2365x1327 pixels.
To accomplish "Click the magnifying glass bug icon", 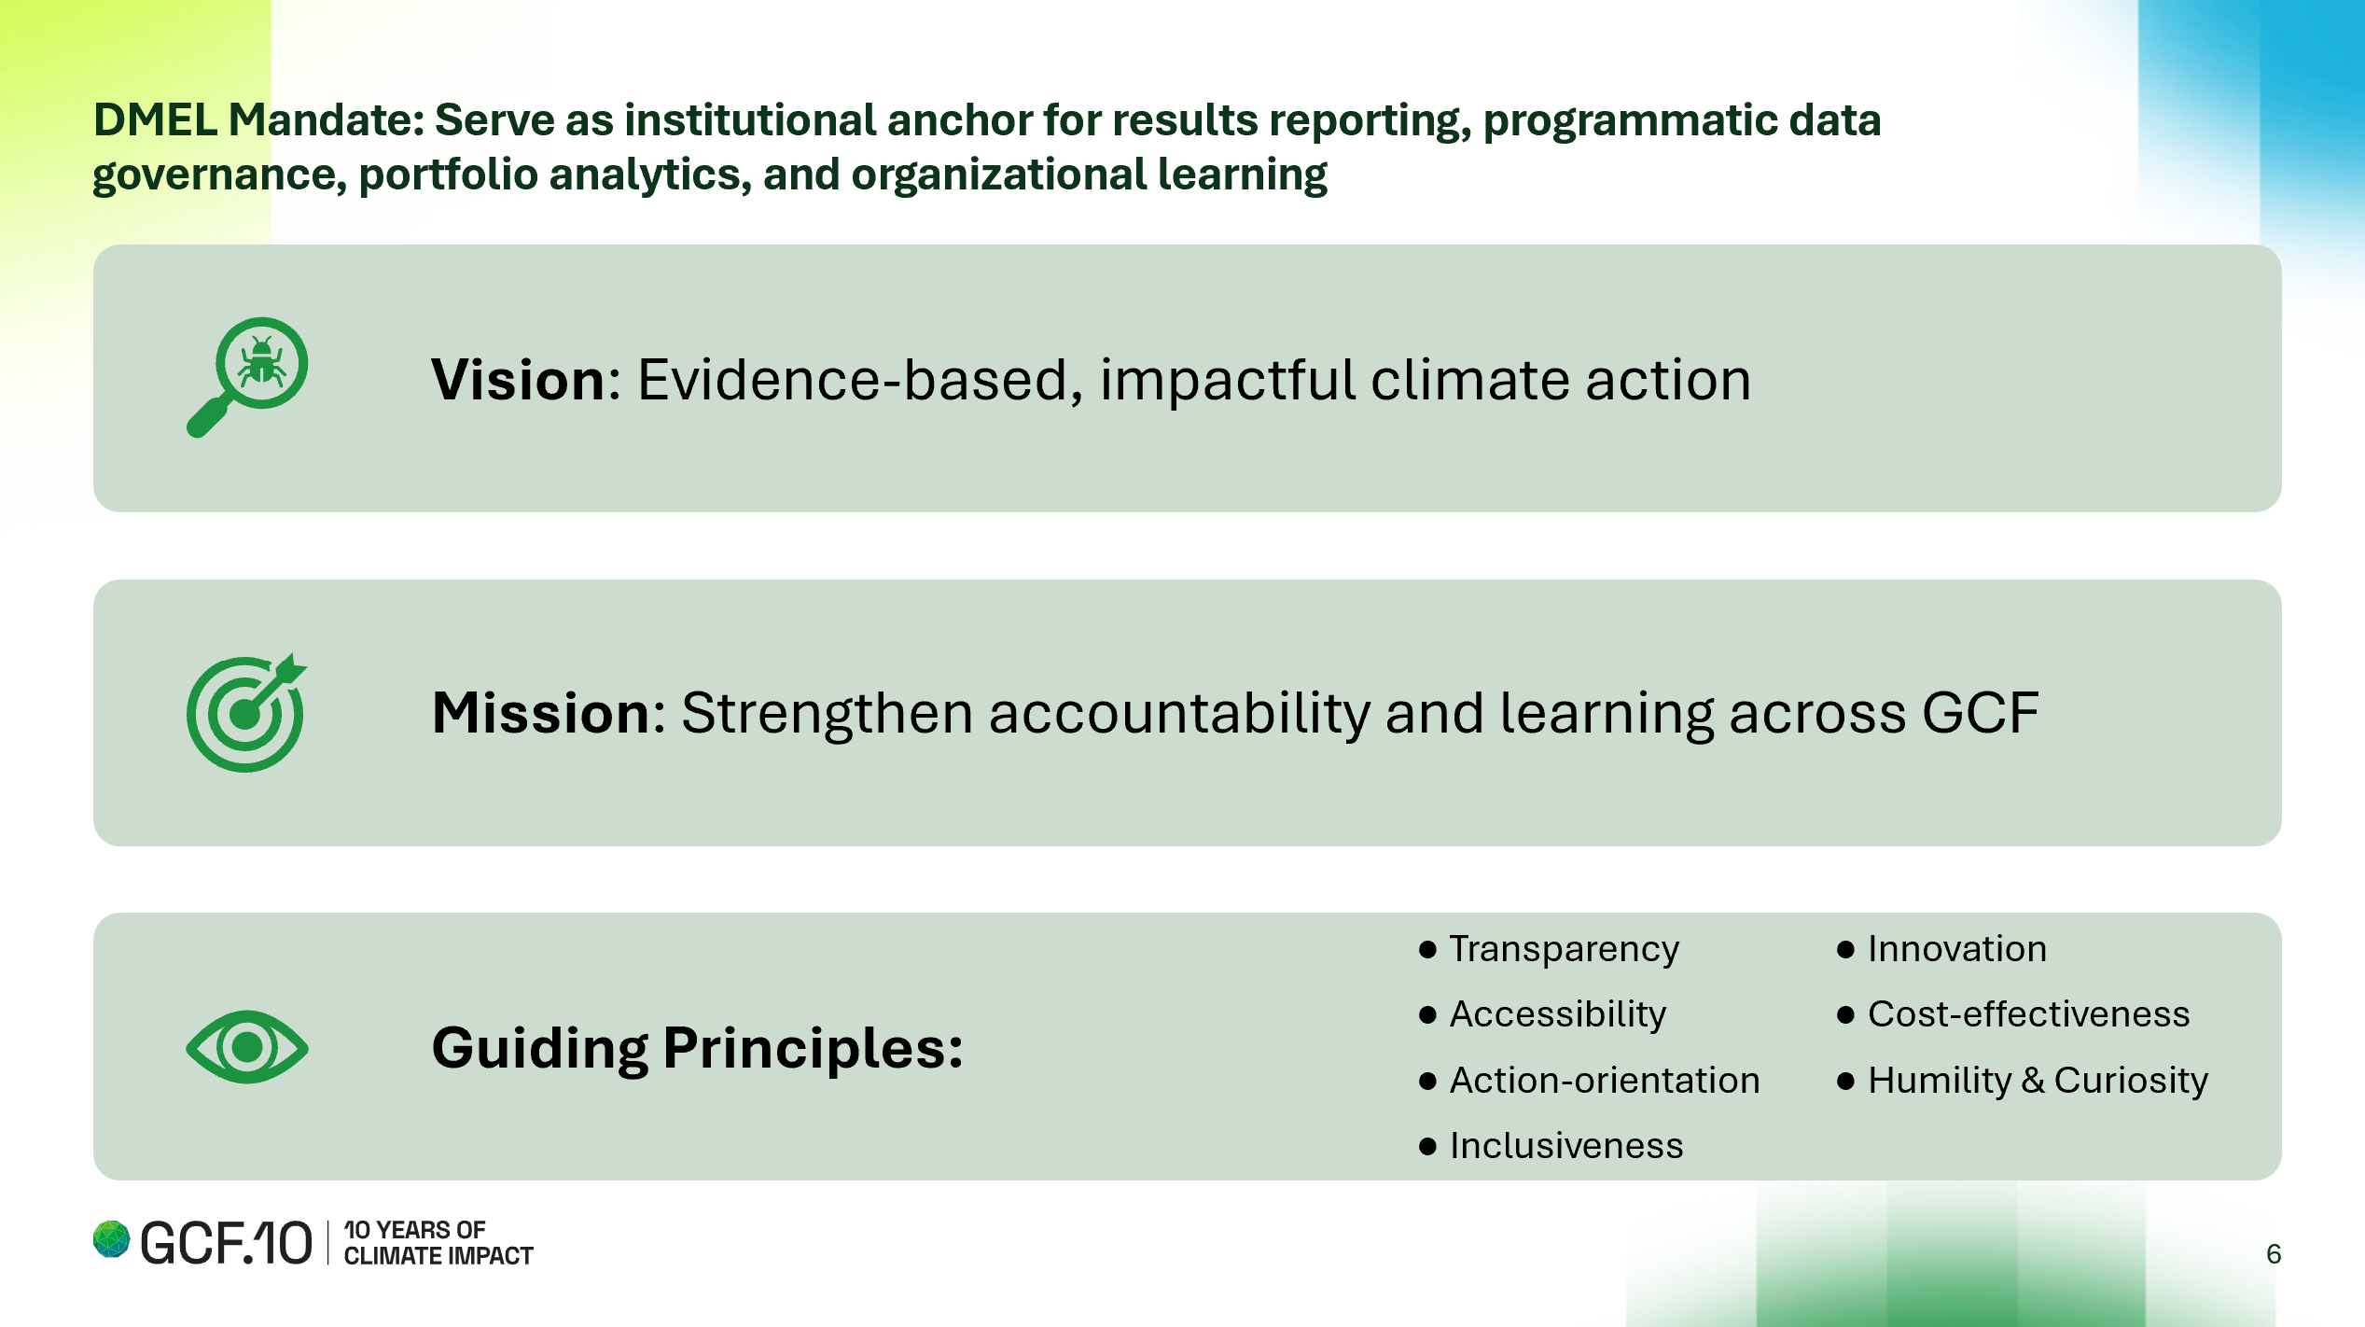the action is (x=247, y=377).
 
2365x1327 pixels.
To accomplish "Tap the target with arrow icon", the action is (x=246, y=712).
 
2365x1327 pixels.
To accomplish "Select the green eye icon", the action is (x=247, y=1047).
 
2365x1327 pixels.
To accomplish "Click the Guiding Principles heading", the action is (x=697, y=1048).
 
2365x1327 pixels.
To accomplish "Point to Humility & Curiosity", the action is (x=2038, y=1081).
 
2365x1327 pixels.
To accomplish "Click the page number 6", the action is (x=2274, y=1254).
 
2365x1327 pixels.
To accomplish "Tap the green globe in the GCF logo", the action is (x=111, y=1239).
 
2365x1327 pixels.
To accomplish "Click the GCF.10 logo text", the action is (x=226, y=1243).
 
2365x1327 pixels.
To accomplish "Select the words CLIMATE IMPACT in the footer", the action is (x=438, y=1256).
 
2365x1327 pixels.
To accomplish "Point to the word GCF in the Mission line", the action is (x=1981, y=714).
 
